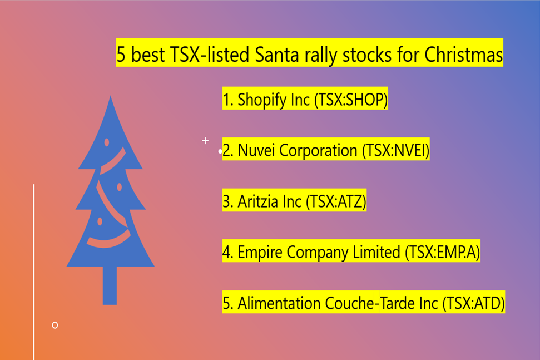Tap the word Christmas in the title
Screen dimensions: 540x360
pyautogui.click(x=464, y=55)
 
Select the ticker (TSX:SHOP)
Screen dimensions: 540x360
pyautogui.click(x=351, y=100)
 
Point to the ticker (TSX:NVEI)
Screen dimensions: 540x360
pyautogui.click(x=396, y=151)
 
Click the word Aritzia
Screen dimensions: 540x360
pyautogui.click(x=257, y=201)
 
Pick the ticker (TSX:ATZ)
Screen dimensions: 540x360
pyautogui.click(x=336, y=201)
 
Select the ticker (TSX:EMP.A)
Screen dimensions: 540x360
pyautogui.click(x=443, y=252)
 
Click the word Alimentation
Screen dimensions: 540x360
pyautogui.click(x=279, y=303)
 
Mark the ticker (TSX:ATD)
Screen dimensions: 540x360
pyautogui.click(x=473, y=303)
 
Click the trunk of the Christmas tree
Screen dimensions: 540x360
pyautogui.click(x=110, y=285)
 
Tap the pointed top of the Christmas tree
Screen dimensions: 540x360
pyautogui.click(x=110, y=96)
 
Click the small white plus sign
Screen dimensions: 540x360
pyautogui.click(x=205, y=141)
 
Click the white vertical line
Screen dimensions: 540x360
pyautogui.click(x=34, y=272)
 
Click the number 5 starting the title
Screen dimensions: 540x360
pyautogui.click(x=121, y=55)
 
